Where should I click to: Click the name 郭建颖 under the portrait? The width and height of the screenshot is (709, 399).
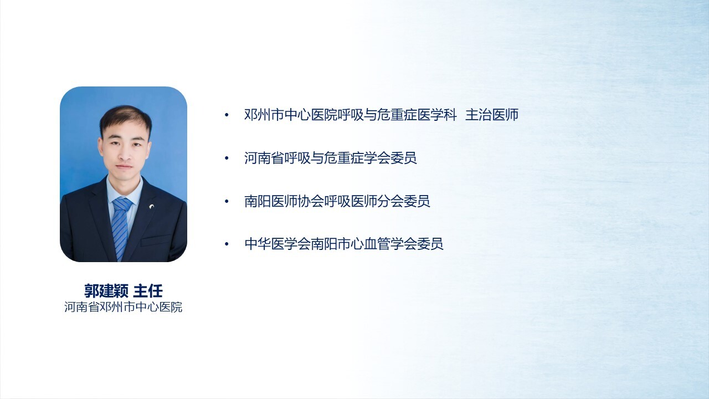[x=106, y=291]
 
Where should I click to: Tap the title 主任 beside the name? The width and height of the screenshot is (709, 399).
[x=148, y=291]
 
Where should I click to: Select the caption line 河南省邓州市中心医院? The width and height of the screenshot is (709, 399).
[x=123, y=307]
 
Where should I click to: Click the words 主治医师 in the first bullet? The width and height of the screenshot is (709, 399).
[x=492, y=115]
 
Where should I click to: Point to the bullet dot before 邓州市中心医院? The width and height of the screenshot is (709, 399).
[x=227, y=115]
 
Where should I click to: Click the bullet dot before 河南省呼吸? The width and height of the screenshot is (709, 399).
[x=227, y=158]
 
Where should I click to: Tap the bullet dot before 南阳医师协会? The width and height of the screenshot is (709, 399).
[x=227, y=201]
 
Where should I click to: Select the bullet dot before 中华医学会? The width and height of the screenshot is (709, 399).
[x=227, y=244]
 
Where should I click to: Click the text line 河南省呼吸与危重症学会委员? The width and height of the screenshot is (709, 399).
[x=331, y=158]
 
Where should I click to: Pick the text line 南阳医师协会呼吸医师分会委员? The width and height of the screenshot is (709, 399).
[x=337, y=201]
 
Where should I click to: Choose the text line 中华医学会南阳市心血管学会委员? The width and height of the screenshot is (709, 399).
[x=344, y=244]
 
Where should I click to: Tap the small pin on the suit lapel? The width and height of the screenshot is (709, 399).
[x=152, y=207]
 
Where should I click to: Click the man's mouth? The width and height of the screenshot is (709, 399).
[x=124, y=166]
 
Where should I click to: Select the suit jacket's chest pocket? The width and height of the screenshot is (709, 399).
[x=156, y=241]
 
